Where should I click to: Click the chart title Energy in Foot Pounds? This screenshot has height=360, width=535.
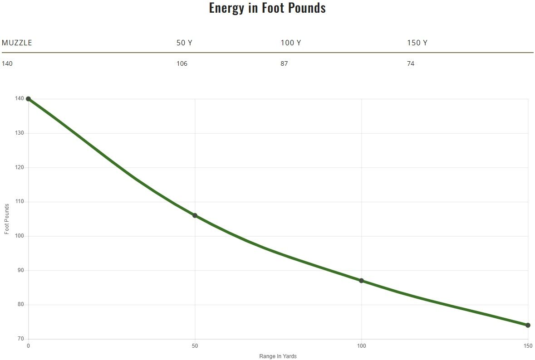click(x=267, y=8)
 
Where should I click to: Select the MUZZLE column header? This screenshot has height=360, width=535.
click(x=17, y=43)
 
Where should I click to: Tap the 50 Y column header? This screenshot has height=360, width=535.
click(x=184, y=43)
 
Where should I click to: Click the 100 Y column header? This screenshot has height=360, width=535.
click(x=290, y=43)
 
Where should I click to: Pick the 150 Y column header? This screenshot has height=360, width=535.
click(x=417, y=43)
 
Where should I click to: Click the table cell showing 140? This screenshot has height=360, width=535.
click(x=7, y=63)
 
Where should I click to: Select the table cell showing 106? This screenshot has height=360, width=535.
click(x=182, y=63)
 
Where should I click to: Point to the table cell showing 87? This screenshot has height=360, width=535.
click(x=284, y=63)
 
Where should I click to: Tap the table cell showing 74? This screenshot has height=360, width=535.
click(x=411, y=63)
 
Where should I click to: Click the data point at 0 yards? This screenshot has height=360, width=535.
click(x=28, y=99)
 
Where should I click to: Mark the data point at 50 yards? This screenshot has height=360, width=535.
click(x=195, y=215)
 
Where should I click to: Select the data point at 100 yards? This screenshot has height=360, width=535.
click(x=361, y=281)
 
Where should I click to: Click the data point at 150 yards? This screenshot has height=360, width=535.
click(x=528, y=325)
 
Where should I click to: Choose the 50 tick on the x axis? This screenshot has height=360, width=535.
click(x=195, y=346)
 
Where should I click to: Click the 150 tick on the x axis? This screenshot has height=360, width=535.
click(x=528, y=346)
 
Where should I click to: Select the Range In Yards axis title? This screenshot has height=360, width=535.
click(x=278, y=356)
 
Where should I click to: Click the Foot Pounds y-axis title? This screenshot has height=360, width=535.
click(x=7, y=219)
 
